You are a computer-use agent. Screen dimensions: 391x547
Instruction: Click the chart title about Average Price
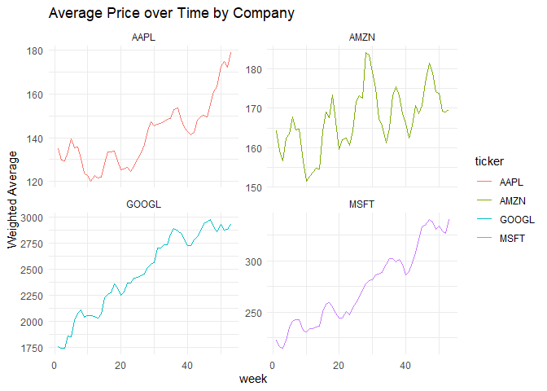pos(171,14)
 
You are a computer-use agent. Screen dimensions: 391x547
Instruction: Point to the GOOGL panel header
pos(143,204)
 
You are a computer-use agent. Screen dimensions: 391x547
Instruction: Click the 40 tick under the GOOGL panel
pos(186,365)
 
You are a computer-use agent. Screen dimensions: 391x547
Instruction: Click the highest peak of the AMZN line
pos(366,52)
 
